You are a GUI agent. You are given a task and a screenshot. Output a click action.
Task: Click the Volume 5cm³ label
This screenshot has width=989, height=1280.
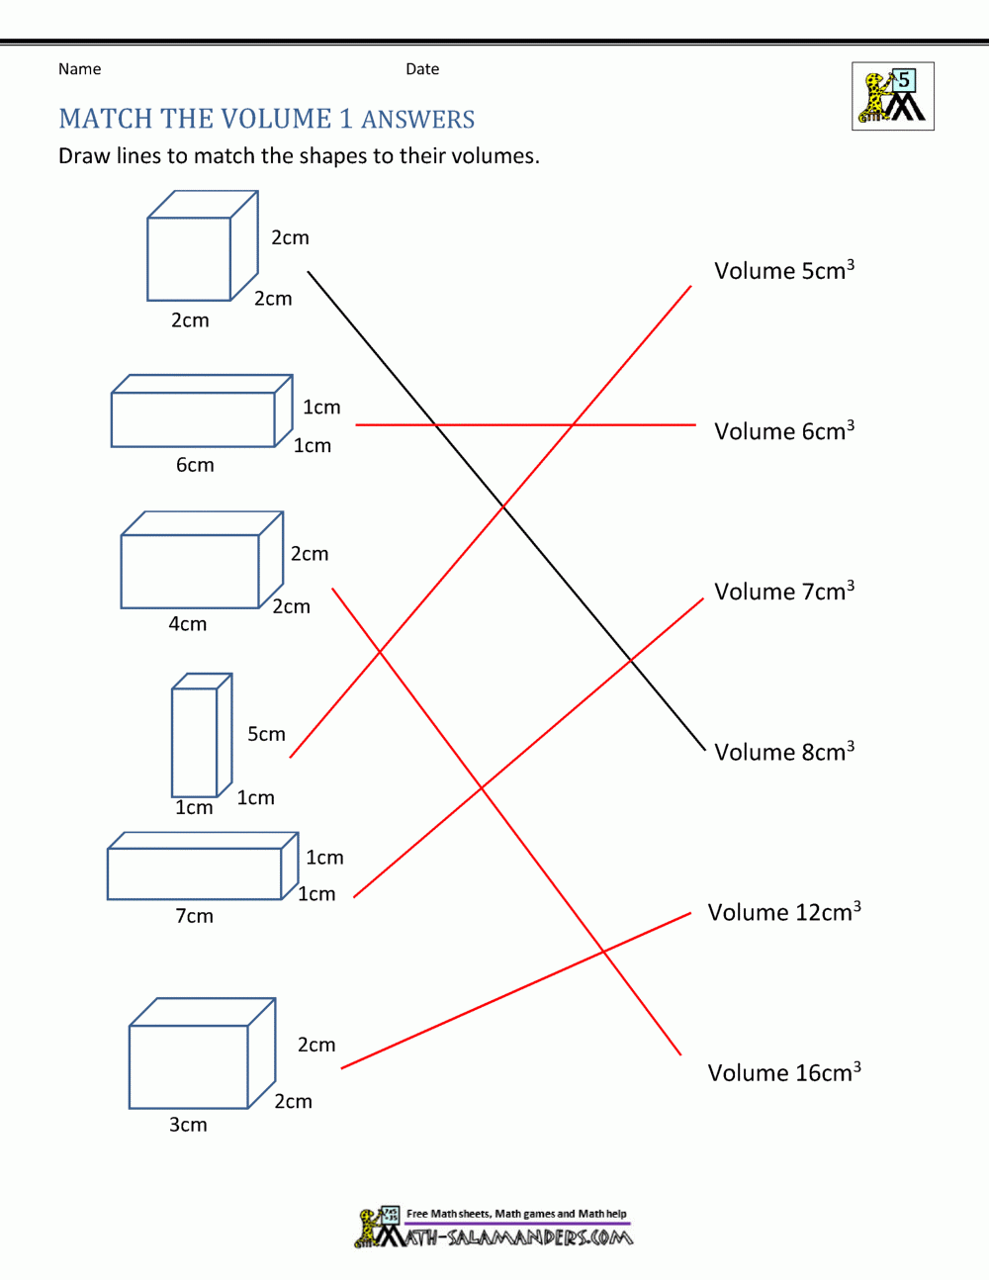pyautogui.click(x=783, y=271)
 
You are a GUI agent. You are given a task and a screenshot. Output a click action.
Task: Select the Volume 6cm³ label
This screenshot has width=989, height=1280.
pyautogui.click(x=783, y=431)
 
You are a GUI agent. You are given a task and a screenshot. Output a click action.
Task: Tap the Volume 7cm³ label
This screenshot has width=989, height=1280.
pyautogui.click(x=783, y=592)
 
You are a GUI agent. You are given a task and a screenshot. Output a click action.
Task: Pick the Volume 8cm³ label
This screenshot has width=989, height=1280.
pyautogui.click(x=783, y=752)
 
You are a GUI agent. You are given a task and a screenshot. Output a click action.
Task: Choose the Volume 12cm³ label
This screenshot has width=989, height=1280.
pyautogui.click(x=783, y=912)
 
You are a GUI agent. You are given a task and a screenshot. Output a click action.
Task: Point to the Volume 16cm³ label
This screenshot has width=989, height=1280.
pyautogui.click(x=783, y=1072)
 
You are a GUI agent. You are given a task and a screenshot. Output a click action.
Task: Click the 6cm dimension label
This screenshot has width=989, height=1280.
pyautogui.click(x=195, y=465)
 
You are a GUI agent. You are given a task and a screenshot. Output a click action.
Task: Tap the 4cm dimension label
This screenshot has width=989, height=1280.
pyautogui.click(x=187, y=624)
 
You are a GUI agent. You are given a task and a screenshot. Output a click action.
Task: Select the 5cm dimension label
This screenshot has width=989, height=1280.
pyautogui.click(x=266, y=734)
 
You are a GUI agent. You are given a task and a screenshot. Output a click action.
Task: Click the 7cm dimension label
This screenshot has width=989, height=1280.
pyautogui.click(x=194, y=916)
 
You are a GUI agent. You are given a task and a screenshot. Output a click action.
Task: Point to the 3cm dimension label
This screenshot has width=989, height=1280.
pyautogui.click(x=188, y=1125)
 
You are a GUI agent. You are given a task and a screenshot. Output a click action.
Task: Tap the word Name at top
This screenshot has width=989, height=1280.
pyautogui.click(x=79, y=69)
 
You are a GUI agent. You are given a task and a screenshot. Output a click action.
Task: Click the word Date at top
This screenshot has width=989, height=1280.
pyautogui.click(x=422, y=69)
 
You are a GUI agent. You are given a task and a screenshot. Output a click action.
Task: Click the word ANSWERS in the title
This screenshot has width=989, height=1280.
pyautogui.click(x=418, y=120)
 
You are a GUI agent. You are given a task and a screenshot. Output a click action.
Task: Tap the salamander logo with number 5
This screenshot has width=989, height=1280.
pyautogui.click(x=892, y=97)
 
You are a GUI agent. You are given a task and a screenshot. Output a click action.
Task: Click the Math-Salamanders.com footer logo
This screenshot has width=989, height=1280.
pyautogui.click(x=494, y=1228)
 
